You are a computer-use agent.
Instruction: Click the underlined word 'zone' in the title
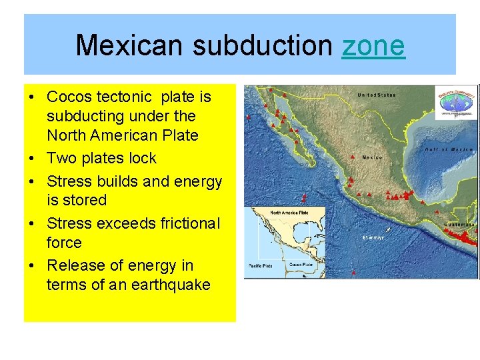tap(373, 45)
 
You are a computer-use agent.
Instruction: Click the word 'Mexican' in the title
tap(128, 45)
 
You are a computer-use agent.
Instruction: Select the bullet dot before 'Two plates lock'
tap(33, 159)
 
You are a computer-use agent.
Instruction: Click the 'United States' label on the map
tap(376, 95)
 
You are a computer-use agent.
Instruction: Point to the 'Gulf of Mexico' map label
tap(449, 149)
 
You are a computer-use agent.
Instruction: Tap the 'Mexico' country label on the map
tap(371, 157)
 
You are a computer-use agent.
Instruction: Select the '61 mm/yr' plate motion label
tap(373, 237)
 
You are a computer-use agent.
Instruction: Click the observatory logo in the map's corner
tap(456, 102)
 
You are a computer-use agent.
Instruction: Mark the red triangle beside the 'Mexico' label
tap(352, 157)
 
